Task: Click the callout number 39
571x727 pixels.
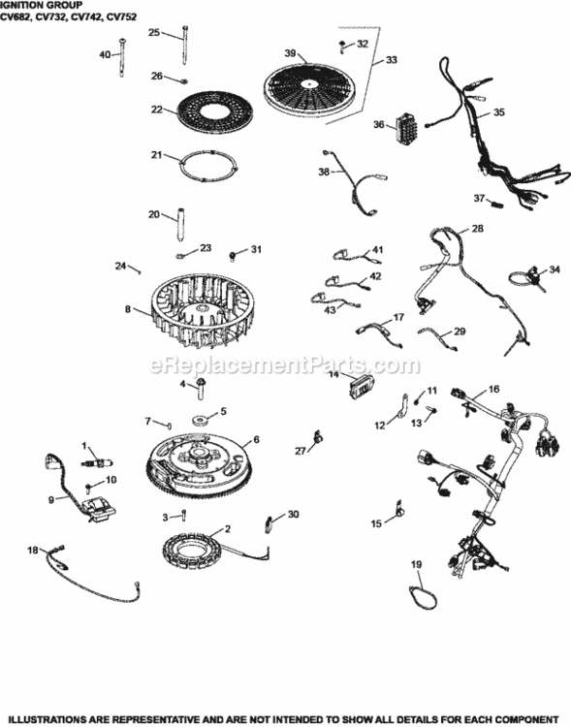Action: (x=289, y=51)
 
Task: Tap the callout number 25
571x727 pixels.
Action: (x=153, y=32)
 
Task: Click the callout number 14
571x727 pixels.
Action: (x=333, y=374)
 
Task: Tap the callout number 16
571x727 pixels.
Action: (x=493, y=389)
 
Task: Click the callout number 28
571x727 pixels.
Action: (x=477, y=229)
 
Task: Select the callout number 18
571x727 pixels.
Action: (x=32, y=551)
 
